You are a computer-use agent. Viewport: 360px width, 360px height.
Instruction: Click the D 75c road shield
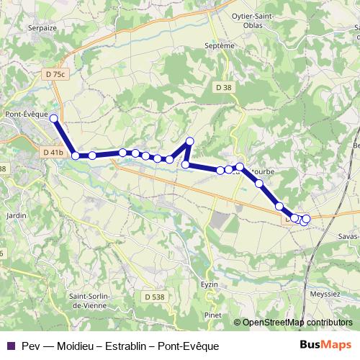(x=54, y=73)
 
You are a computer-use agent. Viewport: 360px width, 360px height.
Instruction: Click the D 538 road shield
(x=154, y=296)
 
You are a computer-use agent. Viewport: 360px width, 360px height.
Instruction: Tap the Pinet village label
(x=212, y=315)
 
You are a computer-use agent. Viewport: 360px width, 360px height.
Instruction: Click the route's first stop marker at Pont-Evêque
(x=54, y=117)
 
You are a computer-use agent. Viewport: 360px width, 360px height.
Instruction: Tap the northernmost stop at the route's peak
(x=190, y=141)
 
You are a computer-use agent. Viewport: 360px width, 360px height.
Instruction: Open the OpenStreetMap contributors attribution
(x=297, y=323)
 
